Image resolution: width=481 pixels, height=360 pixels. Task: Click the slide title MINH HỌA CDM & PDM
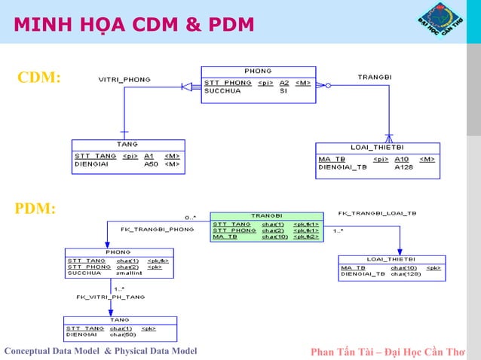coord(133,24)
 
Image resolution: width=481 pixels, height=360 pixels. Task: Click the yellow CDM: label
coord(39,78)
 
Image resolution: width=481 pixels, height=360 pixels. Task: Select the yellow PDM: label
coord(35,209)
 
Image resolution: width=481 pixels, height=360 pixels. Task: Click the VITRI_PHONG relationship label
coord(124,79)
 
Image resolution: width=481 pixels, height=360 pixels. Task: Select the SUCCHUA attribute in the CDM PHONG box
coord(223,90)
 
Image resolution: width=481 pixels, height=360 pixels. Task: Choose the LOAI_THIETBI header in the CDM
coord(376,147)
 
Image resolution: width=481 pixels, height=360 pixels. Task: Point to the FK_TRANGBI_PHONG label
coord(157,229)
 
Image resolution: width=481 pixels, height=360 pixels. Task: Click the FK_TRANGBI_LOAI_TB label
coord(377,213)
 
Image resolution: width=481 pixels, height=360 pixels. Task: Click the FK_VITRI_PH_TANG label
coord(110,297)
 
